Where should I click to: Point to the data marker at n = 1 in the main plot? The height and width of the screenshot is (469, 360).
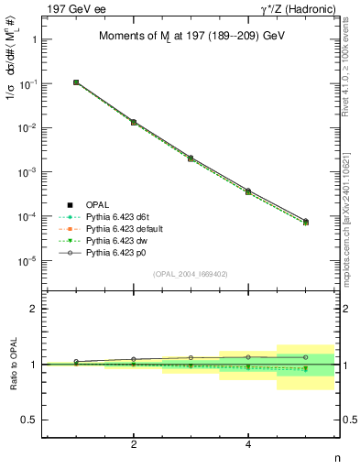point(76,82)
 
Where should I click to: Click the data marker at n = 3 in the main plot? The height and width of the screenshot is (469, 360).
point(191,158)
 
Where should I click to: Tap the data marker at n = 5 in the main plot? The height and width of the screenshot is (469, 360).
point(305,222)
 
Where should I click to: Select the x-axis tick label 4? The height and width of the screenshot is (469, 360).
point(248,444)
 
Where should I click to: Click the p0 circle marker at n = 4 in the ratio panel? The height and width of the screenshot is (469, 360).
point(248,357)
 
